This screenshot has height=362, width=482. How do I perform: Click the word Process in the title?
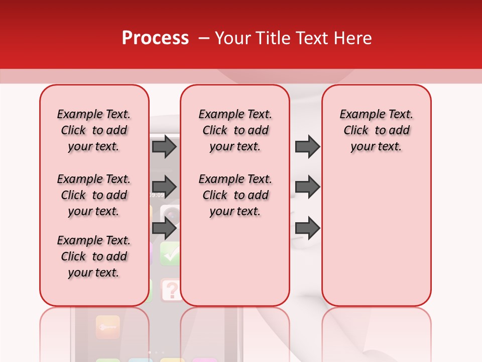click(x=155, y=38)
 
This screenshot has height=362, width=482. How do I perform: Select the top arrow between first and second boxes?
click(x=164, y=146)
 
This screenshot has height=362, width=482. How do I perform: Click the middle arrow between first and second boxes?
click(x=164, y=187)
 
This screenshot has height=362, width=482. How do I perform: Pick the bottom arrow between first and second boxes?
click(x=164, y=228)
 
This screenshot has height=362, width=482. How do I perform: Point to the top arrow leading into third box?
click(x=307, y=146)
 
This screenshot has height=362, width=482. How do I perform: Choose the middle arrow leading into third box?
click(x=307, y=187)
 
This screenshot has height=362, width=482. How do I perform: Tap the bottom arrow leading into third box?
click(x=307, y=228)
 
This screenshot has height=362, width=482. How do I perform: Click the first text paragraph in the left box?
click(x=94, y=130)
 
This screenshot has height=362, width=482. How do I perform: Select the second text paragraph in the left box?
click(x=94, y=195)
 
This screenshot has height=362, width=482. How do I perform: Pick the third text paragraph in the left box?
click(x=94, y=256)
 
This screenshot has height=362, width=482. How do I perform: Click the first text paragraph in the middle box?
click(x=235, y=130)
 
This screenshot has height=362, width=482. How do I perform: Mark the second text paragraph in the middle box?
click(x=235, y=195)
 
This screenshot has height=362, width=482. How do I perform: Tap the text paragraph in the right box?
click(x=376, y=130)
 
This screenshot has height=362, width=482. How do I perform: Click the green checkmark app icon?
click(x=171, y=254)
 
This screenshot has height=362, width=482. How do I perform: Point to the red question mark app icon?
click(x=171, y=290)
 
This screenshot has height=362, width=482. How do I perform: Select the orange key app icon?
click(x=107, y=327)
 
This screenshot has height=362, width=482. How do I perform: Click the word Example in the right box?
click(x=358, y=115)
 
